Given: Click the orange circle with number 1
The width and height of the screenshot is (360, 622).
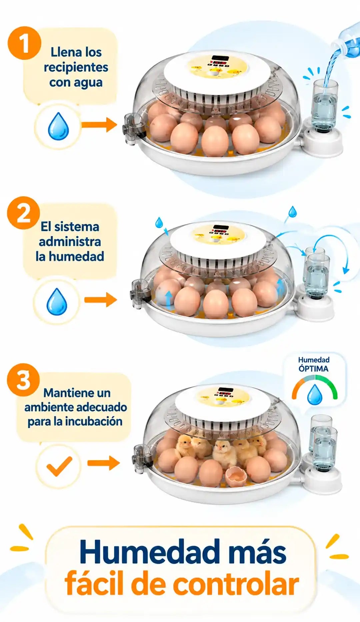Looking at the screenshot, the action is pos(24,43).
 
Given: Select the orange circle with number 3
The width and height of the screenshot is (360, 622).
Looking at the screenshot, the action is pos(23,380).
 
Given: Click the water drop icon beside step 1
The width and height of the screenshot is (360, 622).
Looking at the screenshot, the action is pos(58,126).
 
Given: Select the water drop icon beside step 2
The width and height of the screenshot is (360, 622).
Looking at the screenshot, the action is pos(57,302).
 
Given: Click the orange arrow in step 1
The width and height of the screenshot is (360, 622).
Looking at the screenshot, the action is pos(99,125).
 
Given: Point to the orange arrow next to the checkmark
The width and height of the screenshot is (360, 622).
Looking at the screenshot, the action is pos(103,463).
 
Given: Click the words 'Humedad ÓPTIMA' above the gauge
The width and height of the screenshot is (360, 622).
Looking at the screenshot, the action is pos(314,364).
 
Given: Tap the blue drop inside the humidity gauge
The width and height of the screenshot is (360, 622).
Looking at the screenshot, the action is pos(315,395).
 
